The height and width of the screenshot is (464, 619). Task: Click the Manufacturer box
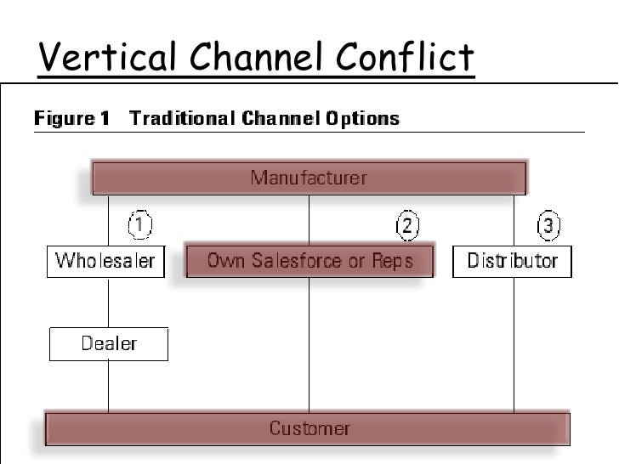pyautogui.click(x=309, y=178)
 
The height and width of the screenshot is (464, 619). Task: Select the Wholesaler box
pyautogui.click(x=105, y=260)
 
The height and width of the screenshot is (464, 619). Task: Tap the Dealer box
pyautogui.click(x=109, y=344)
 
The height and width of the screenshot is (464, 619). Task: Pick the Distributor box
pyautogui.click(x=512, y=261)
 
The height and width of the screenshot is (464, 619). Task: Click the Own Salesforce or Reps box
pyautogui.click(x=309, y=261)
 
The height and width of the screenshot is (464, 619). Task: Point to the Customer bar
pyautogui.click(x=309, y=428)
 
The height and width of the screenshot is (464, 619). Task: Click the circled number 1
pyautogui.click(x=140, y=225)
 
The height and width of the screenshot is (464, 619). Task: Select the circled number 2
pyautogui.click(x=408, y=225)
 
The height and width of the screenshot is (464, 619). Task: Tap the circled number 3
pyautogui.click(x=548, y=225)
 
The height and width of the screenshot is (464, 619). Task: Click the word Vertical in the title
pyautogui.click(x=108, y=58)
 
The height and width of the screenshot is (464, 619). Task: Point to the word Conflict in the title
pyautogui.click(x=405, y=58)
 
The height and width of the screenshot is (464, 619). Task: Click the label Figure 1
pyautogui.click(x=71, y=118)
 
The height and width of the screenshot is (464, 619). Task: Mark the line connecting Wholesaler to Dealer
pyautogui.click(x=108, y=302)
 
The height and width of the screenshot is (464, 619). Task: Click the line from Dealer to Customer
pyautogui.click(x=108, y=386)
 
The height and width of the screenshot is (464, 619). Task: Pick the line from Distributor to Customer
pyautogui.click(x=514, y=344)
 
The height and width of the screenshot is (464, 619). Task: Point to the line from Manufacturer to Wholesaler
pyautogui.click(x=108, y=220)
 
